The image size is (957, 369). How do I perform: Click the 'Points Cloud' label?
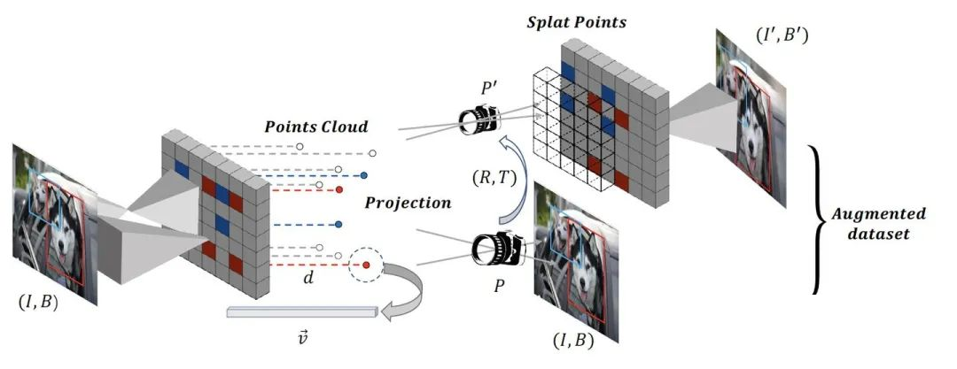(316, 127)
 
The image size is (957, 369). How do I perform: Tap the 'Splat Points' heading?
(577, 23)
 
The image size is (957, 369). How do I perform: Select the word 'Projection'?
(408, 204)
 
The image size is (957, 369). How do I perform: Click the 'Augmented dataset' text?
(878, 223)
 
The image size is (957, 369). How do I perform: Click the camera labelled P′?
(479, 119)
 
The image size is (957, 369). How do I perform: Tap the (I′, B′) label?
(782, 35)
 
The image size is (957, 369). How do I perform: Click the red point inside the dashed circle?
(366, 265)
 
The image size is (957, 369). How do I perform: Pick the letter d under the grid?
(308, 278)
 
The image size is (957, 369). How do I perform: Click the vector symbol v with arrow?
(303, 335)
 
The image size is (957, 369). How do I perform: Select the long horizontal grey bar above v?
(301, 312)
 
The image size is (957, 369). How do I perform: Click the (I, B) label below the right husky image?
(573, 341)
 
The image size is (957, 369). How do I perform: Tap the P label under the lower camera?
(499, 286)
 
